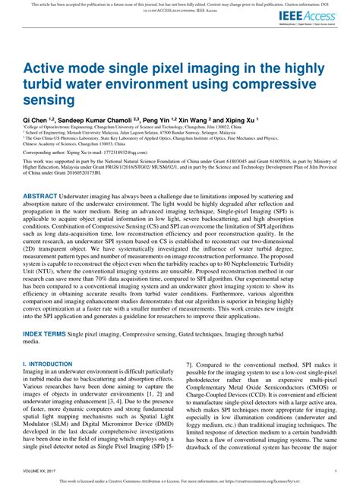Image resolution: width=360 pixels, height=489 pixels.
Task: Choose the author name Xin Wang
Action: pos(201,121)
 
